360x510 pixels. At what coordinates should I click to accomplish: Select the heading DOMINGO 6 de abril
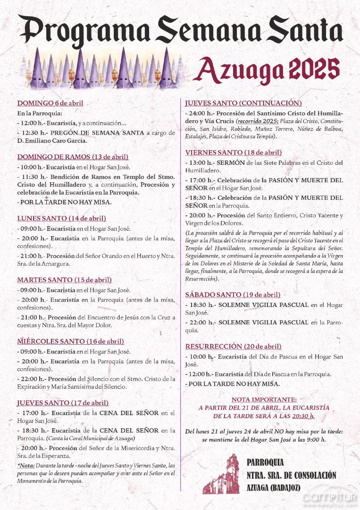click(x=50, y=103)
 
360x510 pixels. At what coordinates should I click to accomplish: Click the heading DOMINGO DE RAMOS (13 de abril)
click(x=73, y=157)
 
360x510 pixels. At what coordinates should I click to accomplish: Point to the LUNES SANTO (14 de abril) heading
click(x=61, y=218)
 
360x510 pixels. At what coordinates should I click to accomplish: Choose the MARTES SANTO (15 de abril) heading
click(x=64, y=280)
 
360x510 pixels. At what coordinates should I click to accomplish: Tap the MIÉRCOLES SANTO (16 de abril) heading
click(x=70, y=341)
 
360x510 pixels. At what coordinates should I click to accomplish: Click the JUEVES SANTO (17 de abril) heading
click(x=63, y=403)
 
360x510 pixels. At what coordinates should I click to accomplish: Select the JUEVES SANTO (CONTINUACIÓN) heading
click(x=243, y=103)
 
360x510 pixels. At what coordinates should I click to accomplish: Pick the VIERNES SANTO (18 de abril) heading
click(x=234, y=153)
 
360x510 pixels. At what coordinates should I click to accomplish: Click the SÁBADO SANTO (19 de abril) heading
click(x=233, y=295)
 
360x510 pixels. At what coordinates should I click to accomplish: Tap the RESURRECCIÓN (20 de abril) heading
click(x=233, y=346)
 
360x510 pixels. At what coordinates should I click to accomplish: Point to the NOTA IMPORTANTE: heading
click(x=264, y=399)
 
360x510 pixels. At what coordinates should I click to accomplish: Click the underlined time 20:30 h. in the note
click(x=303, y=416)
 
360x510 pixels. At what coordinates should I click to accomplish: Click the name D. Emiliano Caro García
click(x=52, y=140)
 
